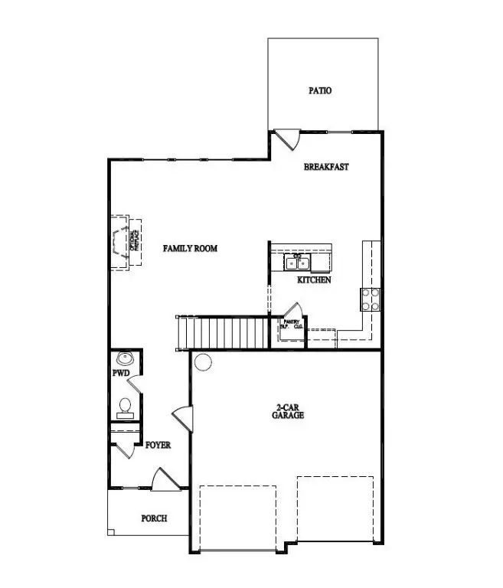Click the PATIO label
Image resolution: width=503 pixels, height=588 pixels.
coord(320,90)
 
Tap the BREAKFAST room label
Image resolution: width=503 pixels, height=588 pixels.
coord(326,167)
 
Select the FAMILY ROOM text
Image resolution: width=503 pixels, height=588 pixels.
coord(191,248)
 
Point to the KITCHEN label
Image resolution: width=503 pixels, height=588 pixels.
coord(314,281)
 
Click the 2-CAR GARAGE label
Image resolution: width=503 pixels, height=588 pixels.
coord(288,411)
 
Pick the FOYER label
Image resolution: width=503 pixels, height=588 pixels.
coord(158,445)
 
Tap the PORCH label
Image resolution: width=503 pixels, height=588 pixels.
coord(154,518)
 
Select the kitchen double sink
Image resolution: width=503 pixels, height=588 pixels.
coord(298,263)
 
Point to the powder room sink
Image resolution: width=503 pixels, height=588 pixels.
coord(125,358)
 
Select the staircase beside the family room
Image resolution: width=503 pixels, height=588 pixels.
coord(223,332)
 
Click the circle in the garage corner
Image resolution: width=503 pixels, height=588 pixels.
coord(202,361)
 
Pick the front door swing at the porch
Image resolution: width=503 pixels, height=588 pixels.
coord(165,480)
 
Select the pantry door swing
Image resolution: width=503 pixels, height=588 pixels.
coord(291,310)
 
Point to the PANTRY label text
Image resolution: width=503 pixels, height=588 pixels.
coord(290,324)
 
